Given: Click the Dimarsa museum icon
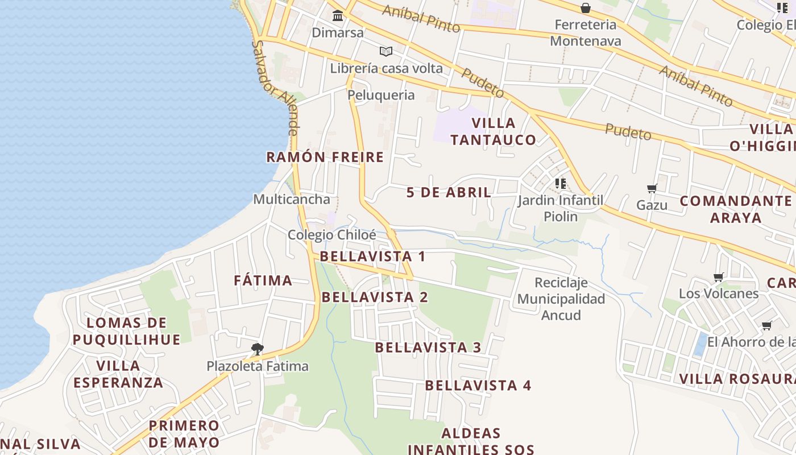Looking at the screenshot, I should click(x=338, y=15).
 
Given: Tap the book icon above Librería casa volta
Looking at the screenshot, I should click(x=386, y=51).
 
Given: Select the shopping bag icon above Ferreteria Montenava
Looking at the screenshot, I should click(x=585, y=8).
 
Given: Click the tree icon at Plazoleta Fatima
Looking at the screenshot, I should click(x=257, y=349).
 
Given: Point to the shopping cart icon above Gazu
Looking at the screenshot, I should click(x=652, y=188).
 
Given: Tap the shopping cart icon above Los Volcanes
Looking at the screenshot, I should click(x=718, y=277).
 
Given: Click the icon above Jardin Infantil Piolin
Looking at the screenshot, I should click(x=560, y=183).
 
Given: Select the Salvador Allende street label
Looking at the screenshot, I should click(x=275, y=87).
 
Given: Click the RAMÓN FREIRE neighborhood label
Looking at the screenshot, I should click(x=325, y=157).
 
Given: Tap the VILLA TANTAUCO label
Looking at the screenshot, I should click(x=494, y=131).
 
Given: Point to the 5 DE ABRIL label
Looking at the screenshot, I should click(x=449, y=192).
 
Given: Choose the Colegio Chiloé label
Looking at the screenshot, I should click(x=332, y=235).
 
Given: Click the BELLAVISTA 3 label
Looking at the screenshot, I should click(x=428, y=347).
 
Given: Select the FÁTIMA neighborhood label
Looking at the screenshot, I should click(x=263, y=280).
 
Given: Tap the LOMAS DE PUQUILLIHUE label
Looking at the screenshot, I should click(x=126, y=331).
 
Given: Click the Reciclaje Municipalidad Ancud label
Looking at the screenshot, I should click(x=561, y=299).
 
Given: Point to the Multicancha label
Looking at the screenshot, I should click(x=292, y=199).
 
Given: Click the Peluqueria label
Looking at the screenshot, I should click(x=381, y=94).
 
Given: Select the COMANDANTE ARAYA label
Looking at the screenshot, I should click(x=736, y=209).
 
